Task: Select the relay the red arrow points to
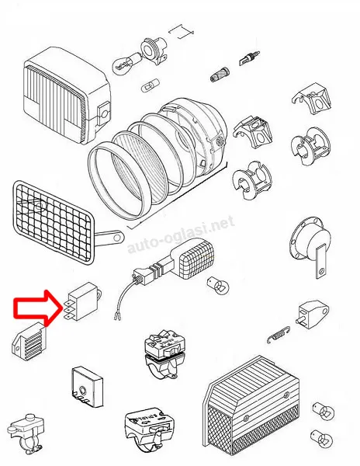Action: pyautogui.click(x=83, y=301)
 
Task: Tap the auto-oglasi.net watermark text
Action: pyautogui.click(x=181, y=235)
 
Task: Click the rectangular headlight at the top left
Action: pyautogui.click(x=67, y=95)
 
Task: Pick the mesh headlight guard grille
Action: pyautogui.click(x=54, y=221)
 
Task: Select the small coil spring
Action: pyautogui.click(x=278, y=335)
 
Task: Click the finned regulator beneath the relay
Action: pyautogui.click(x=29, y=342)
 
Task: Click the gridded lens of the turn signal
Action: pyautogui.click(x=197, y=259)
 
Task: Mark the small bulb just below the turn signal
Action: pyautogui.click(x=219, y=285)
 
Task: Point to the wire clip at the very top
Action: pyautogui.click(x=181, y=31)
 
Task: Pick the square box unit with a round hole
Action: pyautogui.click(x=88, y=386)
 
